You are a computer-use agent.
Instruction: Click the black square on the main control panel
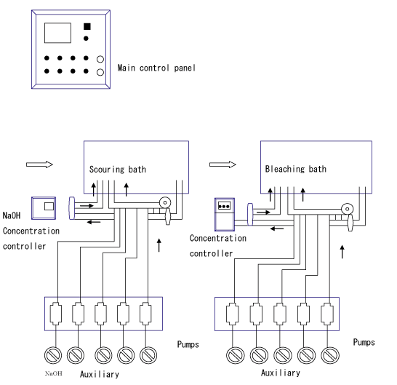pos(87,26)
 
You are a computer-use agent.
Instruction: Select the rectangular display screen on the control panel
pos(57,33)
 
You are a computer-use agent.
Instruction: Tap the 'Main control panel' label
pos(156,68)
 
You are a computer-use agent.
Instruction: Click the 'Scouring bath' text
pos(118,170)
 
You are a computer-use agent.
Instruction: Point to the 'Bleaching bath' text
pos(296,169)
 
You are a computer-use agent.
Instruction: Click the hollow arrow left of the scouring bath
pos(39,164)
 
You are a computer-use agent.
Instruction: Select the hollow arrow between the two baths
pos(222,164)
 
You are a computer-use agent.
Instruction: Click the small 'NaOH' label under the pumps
pos(53,373)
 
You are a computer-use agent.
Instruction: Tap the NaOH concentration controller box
pos(44,208)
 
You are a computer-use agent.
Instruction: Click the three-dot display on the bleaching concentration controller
pos(224,205)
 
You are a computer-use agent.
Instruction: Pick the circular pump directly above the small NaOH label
pos(53,355)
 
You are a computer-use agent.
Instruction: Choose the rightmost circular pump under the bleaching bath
pos(330,355)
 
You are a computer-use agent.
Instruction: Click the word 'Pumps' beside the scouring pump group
pos(188,344)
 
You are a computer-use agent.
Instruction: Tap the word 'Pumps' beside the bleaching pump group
pos(364,342)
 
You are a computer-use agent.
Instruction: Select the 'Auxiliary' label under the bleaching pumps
pos(281,373)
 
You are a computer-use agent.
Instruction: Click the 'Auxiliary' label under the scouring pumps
pos(100,374)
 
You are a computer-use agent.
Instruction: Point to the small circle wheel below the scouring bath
pos(165,203)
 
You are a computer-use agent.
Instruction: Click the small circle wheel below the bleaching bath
pos(348,209)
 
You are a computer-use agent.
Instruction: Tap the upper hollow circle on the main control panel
pos(100,59)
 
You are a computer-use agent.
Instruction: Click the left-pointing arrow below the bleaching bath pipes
pos(277,229)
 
